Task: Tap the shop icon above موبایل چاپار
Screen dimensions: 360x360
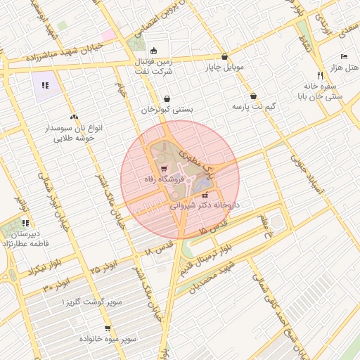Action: pyautogui.click(x=224, y=57)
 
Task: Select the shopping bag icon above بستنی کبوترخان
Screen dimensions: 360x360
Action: pyautogui.click(x=167, y=98)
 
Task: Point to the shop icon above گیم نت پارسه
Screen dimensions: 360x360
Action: pyautogui.click(x=253, y=96)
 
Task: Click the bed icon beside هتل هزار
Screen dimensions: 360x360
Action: pyautogui.click(x=343, y=56)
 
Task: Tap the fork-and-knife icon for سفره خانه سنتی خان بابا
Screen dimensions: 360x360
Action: pyautogui.click(x=320, y=75)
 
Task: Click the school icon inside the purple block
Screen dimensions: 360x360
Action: pyautogui.click(x=45, y=85)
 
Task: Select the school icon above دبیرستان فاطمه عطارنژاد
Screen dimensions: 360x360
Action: pyautogui.click(x=25, y=223)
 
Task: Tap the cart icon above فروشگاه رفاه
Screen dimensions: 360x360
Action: pyautogui.click(x=164, y=169)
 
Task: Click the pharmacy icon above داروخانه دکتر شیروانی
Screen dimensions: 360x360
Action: pyautogui.click(x=205, y=195)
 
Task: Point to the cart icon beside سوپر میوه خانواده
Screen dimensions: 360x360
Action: pyautogui.click(x=107, y=328)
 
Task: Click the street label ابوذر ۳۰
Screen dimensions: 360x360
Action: pyautogui.click(x=56, y=284)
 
